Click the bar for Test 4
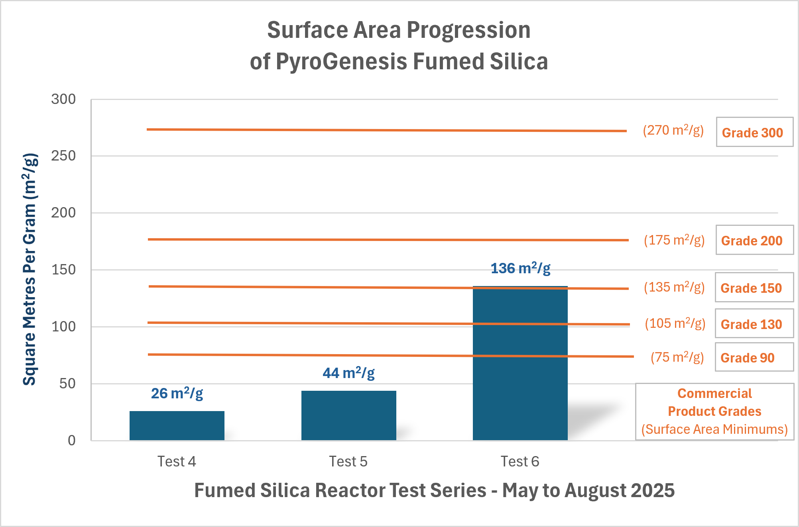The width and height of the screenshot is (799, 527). point(177,425)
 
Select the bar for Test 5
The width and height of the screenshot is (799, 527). point(348,415)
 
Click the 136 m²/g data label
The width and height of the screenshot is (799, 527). point(520,268)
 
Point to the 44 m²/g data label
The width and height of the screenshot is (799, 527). point(348,373)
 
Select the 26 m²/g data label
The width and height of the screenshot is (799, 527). point(177,394)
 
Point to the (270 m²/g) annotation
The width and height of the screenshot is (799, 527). point(673,130)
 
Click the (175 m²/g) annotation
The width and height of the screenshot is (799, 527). point(674,240)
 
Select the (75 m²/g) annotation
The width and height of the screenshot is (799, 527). point(677,357)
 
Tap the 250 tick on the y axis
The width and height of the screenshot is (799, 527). point(63,156)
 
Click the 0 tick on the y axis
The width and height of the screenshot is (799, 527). point(72,441)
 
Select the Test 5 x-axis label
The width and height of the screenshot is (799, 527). point(348,461)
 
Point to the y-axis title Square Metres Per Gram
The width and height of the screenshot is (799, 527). point(30,269)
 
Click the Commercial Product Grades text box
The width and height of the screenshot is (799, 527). point(714,411)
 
